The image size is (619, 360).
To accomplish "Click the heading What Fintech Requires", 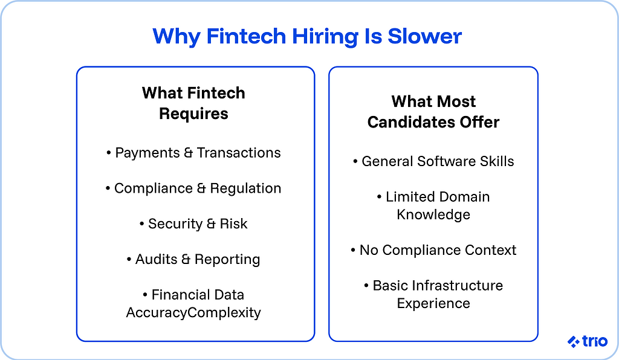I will (193, 103).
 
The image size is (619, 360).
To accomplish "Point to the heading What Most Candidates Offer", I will (433, 112).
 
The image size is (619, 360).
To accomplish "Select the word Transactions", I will (239, 153).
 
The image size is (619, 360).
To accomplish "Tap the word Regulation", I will (246, 188).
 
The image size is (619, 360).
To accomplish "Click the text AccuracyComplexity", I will (193, 312).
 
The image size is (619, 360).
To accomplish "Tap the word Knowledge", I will (433, 214).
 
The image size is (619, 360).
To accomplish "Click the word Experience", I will (433, 303).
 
